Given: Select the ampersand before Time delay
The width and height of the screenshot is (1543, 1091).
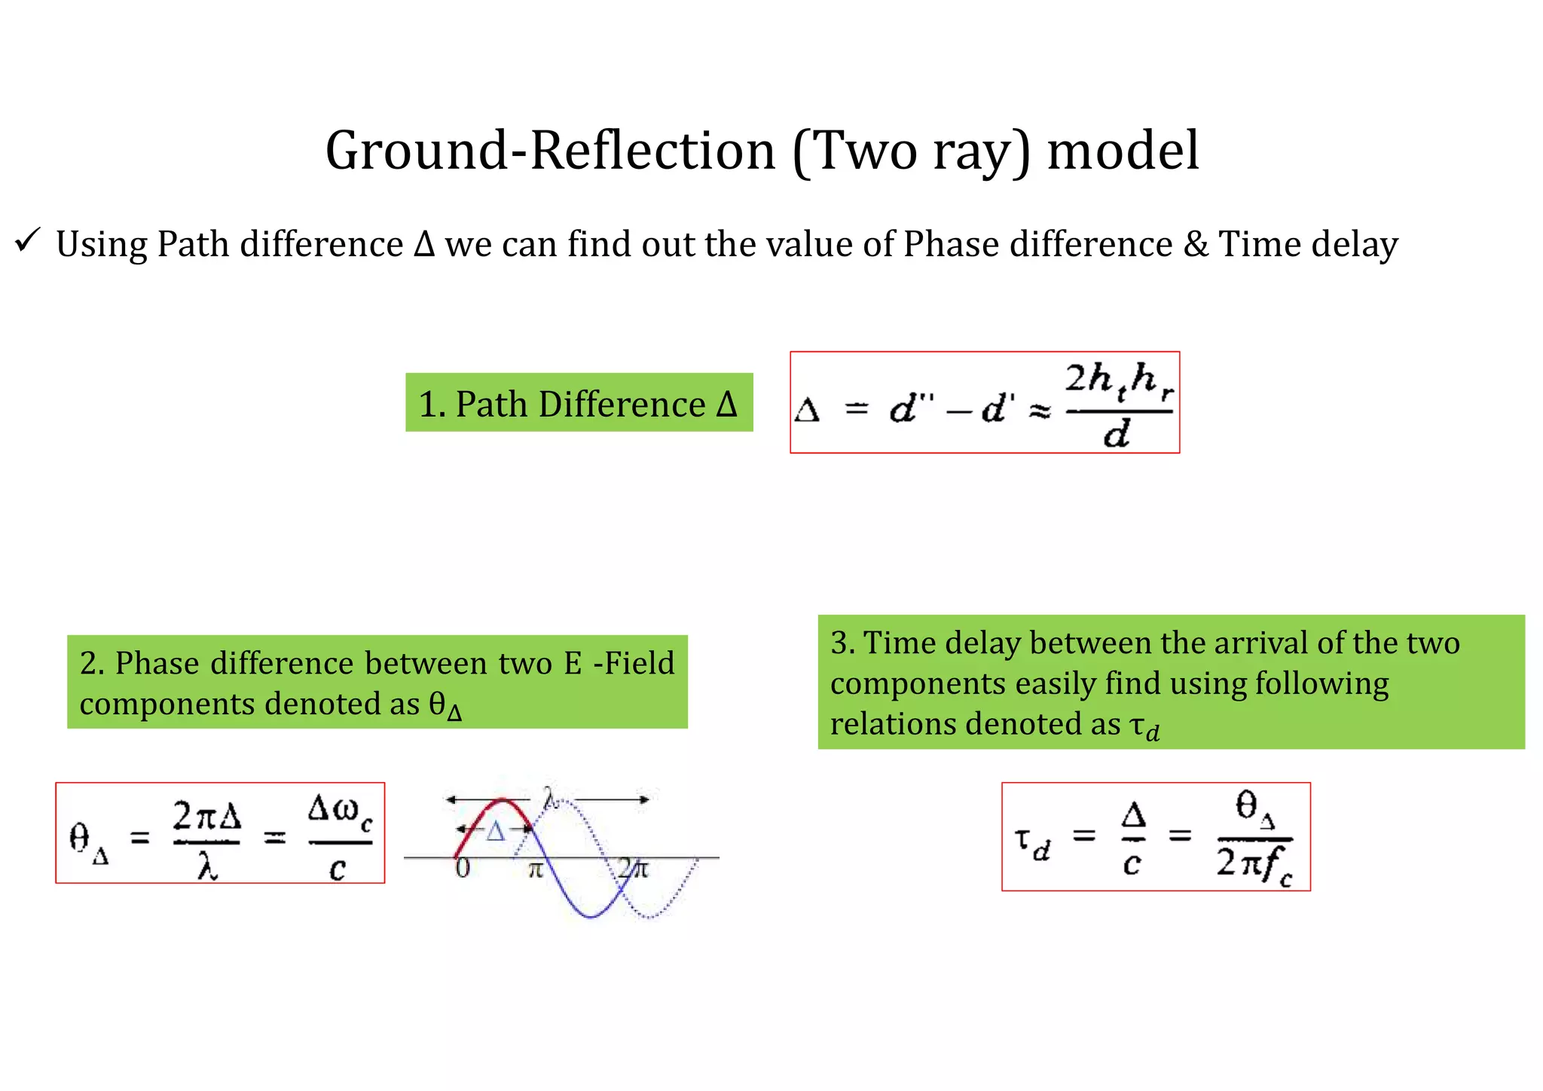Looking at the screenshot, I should (1196, 244).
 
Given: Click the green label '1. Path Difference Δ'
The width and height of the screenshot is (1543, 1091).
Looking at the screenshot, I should (579, 403).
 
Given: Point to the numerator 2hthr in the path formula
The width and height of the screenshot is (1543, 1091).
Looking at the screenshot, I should (1119, 380).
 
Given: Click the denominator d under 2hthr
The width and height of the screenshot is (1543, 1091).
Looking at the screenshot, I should (1117, 434).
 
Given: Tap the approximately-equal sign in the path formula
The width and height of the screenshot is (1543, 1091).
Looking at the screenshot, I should (1040, 411).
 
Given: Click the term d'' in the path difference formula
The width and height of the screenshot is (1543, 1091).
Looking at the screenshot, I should (912, 409).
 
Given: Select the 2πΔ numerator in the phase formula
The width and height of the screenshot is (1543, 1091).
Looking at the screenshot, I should (206, 816).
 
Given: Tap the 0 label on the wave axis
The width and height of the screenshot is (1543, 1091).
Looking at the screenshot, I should (463, 868).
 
